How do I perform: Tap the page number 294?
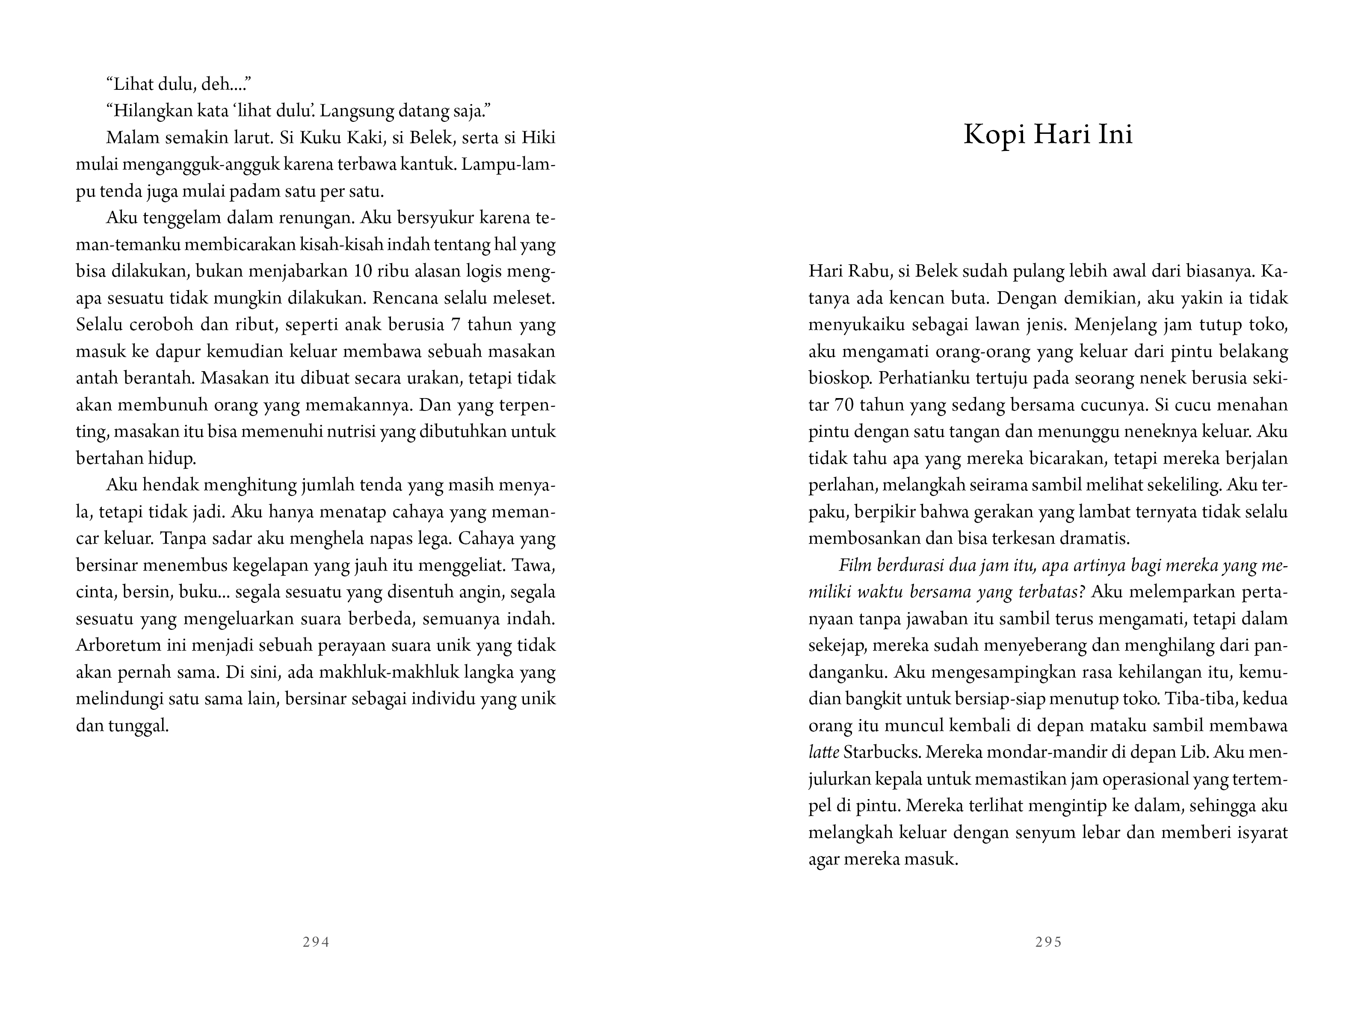tap(316, 942)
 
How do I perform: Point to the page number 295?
tap(1048, 942)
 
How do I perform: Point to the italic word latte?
tap(823, 752)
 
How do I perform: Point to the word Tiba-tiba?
tap(1192, 699)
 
